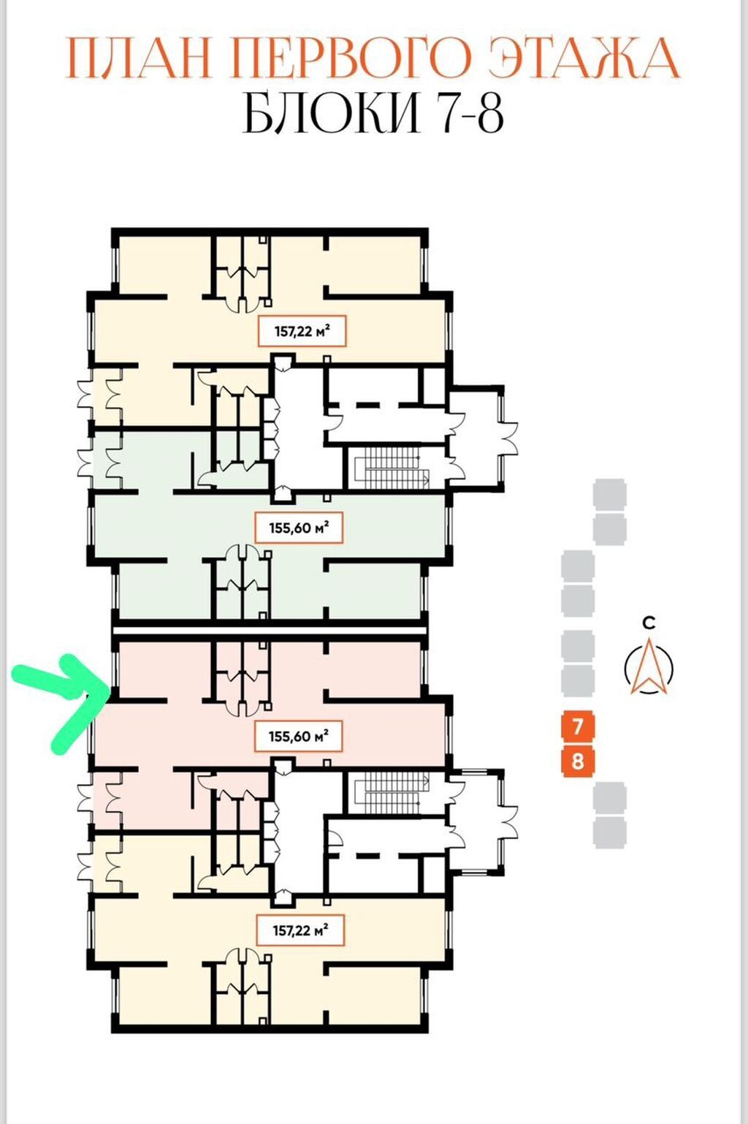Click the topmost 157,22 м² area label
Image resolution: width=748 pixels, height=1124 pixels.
tap(302, 332)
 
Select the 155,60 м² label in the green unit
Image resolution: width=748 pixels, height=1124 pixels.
tap(299, 528)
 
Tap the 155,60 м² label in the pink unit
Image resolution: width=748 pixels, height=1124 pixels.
tap(299, 736)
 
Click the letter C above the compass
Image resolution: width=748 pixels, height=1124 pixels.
tap(649, 623)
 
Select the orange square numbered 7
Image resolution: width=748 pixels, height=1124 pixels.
tap(578, 726)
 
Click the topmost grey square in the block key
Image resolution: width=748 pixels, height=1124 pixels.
tap(609, 494)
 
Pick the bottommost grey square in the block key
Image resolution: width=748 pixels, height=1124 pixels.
tap(609, 832)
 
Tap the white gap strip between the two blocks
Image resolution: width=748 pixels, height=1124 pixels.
tap(270, 629)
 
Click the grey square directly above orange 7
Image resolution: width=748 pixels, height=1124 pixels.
tap(578, 681)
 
